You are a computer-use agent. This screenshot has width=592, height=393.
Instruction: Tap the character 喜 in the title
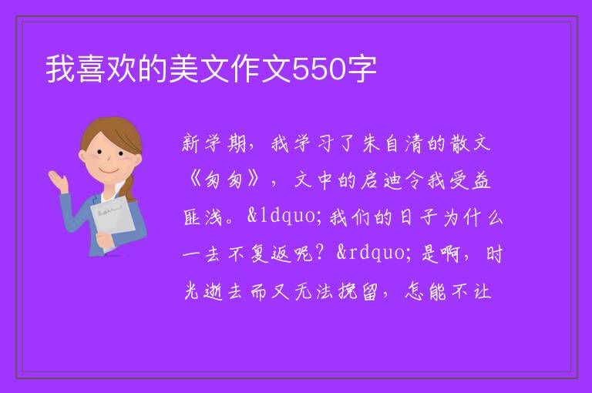tap(92, 69)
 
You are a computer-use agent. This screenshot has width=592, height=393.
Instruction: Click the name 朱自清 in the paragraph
tap(392, 143)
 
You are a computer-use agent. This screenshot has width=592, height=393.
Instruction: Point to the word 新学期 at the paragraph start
tap(214, 143)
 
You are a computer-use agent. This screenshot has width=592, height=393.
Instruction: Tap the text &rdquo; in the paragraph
tap(372, 253)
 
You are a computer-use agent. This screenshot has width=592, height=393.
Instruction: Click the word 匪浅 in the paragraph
tap(203, 217)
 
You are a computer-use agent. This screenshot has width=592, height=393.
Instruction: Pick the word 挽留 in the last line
tap(358, 291)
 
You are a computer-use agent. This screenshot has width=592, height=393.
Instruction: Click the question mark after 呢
tap(320, 253)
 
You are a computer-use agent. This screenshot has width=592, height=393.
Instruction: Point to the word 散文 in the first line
tap(470, 143)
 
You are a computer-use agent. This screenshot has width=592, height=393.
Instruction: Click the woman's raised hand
tap(58, 180)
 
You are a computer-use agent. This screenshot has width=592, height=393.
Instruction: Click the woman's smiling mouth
tap(109, 170)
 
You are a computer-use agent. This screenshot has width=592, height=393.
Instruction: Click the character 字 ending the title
tap(362, 69)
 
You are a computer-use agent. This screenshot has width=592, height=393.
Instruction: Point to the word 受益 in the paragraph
tap(469, 180)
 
